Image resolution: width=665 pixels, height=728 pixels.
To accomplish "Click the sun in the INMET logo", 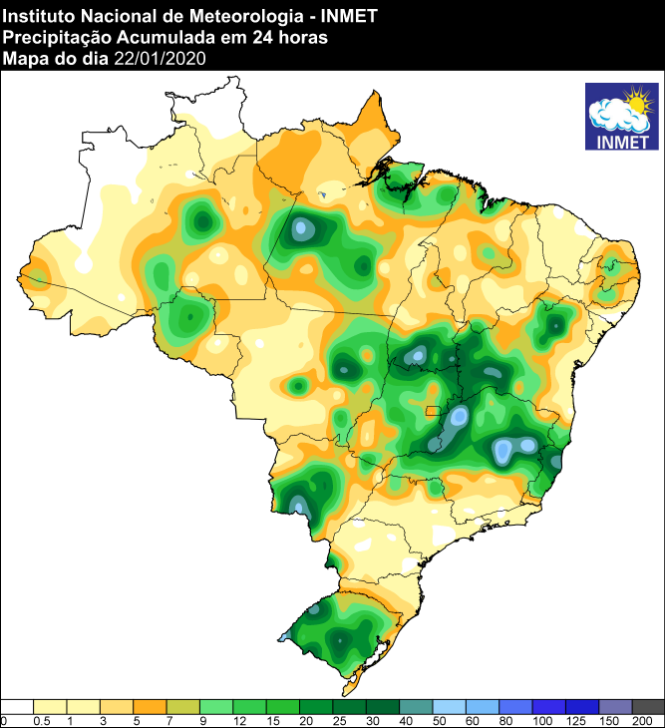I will click(x=636, y=101).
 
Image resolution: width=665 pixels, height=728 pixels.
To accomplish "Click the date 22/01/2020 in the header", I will click(x=160, y=58).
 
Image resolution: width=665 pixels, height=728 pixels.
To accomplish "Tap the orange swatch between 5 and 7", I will click(x=151, y=706).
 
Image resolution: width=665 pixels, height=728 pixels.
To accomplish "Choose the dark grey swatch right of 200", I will click(x=648, y=706).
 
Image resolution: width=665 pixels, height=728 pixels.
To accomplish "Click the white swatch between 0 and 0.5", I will click(x=18, y=706).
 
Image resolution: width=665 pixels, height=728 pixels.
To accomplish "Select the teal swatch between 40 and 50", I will click(x=417, y=706).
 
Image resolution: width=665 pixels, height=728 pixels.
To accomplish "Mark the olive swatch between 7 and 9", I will click(x=183, y=706).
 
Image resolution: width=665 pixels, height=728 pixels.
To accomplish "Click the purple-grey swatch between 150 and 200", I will click(x=615, y=706).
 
